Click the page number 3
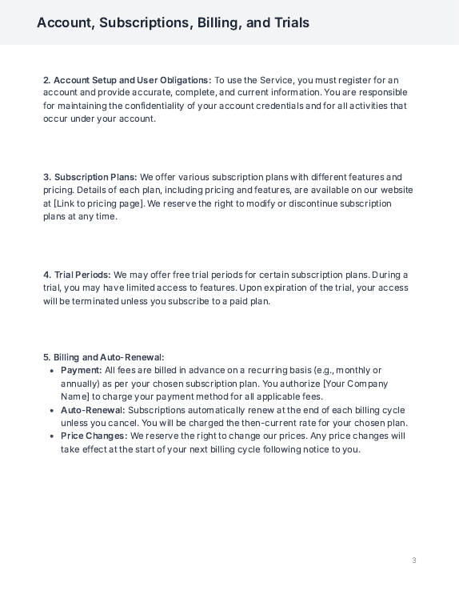point(414,561)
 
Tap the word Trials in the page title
point(289,22)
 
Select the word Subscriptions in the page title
point(142,22)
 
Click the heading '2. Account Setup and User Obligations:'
point(127,80)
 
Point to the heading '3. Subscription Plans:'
point(90,177)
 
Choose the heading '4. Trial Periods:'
point(77,275)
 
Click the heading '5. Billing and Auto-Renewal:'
point(103,357)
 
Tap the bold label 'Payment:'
point(82,370)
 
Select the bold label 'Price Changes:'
point(94,436)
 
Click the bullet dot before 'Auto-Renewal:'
point(52,410)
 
